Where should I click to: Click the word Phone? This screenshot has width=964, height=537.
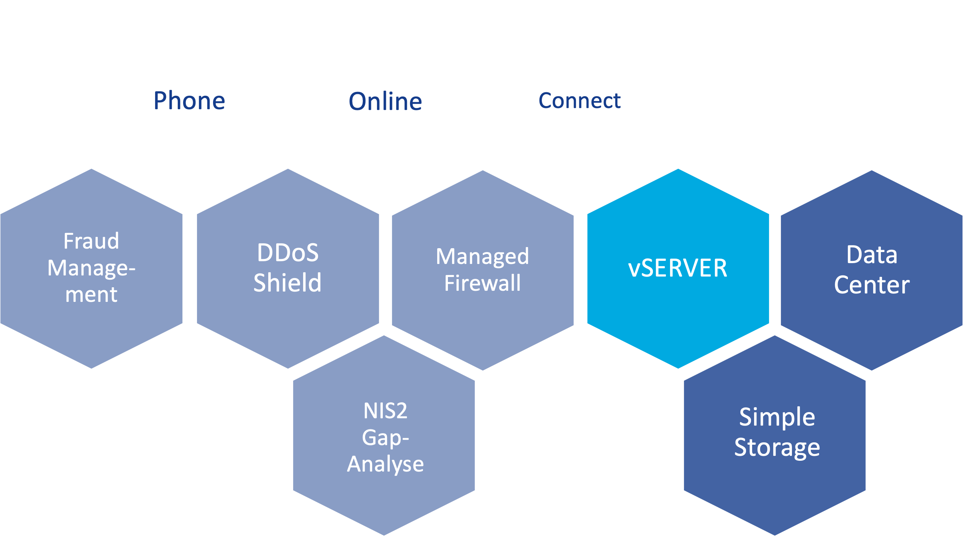(189, 101)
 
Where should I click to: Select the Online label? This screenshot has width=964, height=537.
(385, 102)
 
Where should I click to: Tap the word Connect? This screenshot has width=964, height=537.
(579, 101)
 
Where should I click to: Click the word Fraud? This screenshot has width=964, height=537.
(91, 241)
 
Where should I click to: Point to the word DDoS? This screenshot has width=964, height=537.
(288, 253)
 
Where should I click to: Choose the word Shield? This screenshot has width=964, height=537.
(287, 283)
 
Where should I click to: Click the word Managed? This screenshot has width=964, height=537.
(482, 256)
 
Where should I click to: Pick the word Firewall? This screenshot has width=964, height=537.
(482, 283)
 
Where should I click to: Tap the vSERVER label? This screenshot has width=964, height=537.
(677, 268)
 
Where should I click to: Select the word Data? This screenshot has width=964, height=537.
(872, 255)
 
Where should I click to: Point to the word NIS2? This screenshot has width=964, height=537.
(385, 411)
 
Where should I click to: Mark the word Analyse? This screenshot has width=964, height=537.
(385, 464)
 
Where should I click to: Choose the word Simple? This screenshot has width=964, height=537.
(777, 417)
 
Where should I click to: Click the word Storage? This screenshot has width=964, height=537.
(777, 447)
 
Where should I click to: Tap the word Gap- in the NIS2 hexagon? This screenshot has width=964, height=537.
(385, 437)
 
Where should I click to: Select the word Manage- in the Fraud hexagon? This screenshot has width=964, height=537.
(91, 268)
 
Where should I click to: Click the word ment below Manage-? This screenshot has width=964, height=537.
(91, 295)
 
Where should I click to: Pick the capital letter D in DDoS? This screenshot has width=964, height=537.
(264, 253)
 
